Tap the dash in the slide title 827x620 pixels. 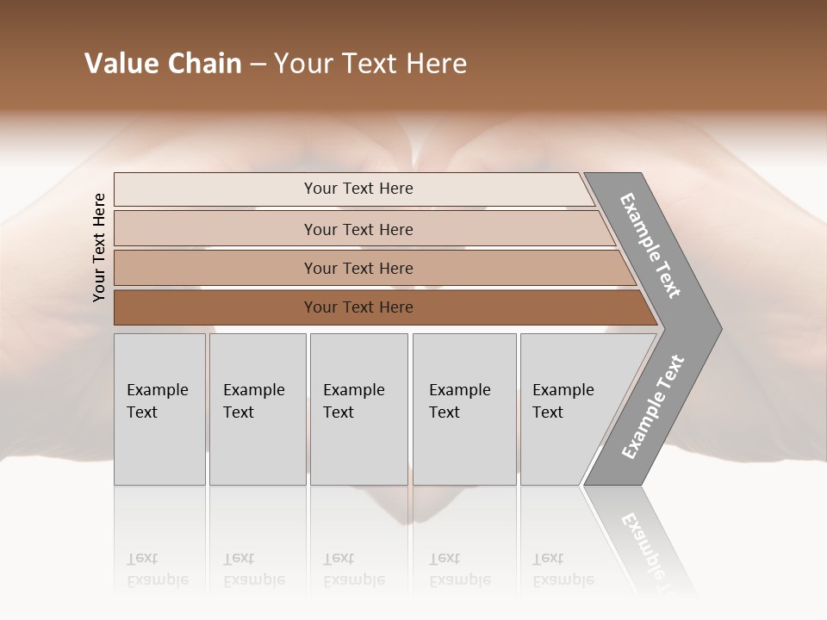[258, 65]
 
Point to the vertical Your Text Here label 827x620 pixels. [99, 247]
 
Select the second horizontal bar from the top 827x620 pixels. [358, 229]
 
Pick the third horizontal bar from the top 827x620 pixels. [358, 268]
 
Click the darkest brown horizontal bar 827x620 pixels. [358, 307]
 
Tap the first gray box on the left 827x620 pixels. [159, 408]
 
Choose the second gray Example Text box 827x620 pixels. [257, 408]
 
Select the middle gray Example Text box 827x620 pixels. [358, 408]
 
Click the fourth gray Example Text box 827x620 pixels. [464, 408]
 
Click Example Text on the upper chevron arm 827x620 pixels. [650, 245]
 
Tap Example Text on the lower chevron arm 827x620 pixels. [653, 407]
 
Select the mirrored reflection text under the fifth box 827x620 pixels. [563, 569]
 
